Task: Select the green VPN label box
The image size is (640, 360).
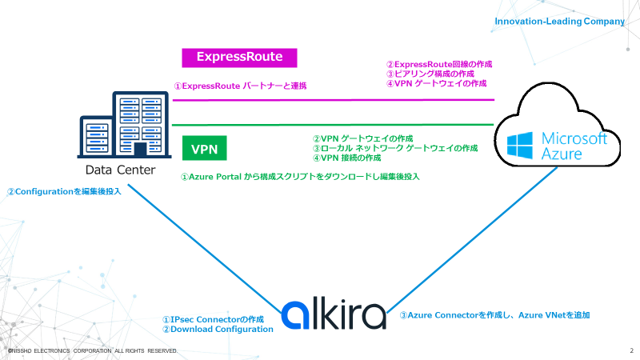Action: (x=205, y=149)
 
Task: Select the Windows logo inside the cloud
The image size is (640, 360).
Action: (x=520, y=145)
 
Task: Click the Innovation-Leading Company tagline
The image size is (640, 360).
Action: (x=559, y=22)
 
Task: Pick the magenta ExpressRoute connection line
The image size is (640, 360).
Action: (x=336, y=100)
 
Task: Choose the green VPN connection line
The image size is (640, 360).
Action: (x=336, y=125)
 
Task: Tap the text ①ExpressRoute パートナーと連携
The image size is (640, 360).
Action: (x=241, y=85)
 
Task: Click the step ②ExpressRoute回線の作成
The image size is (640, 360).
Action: (x=439, y=64)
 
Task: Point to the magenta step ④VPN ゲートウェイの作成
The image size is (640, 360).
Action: (x=437, y=83)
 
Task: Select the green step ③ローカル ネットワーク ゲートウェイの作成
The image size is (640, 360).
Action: (x=394, y=148)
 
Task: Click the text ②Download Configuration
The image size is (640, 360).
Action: (x=218, y=329)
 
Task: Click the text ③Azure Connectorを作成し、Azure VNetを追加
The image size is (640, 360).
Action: (x=494, y=315)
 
